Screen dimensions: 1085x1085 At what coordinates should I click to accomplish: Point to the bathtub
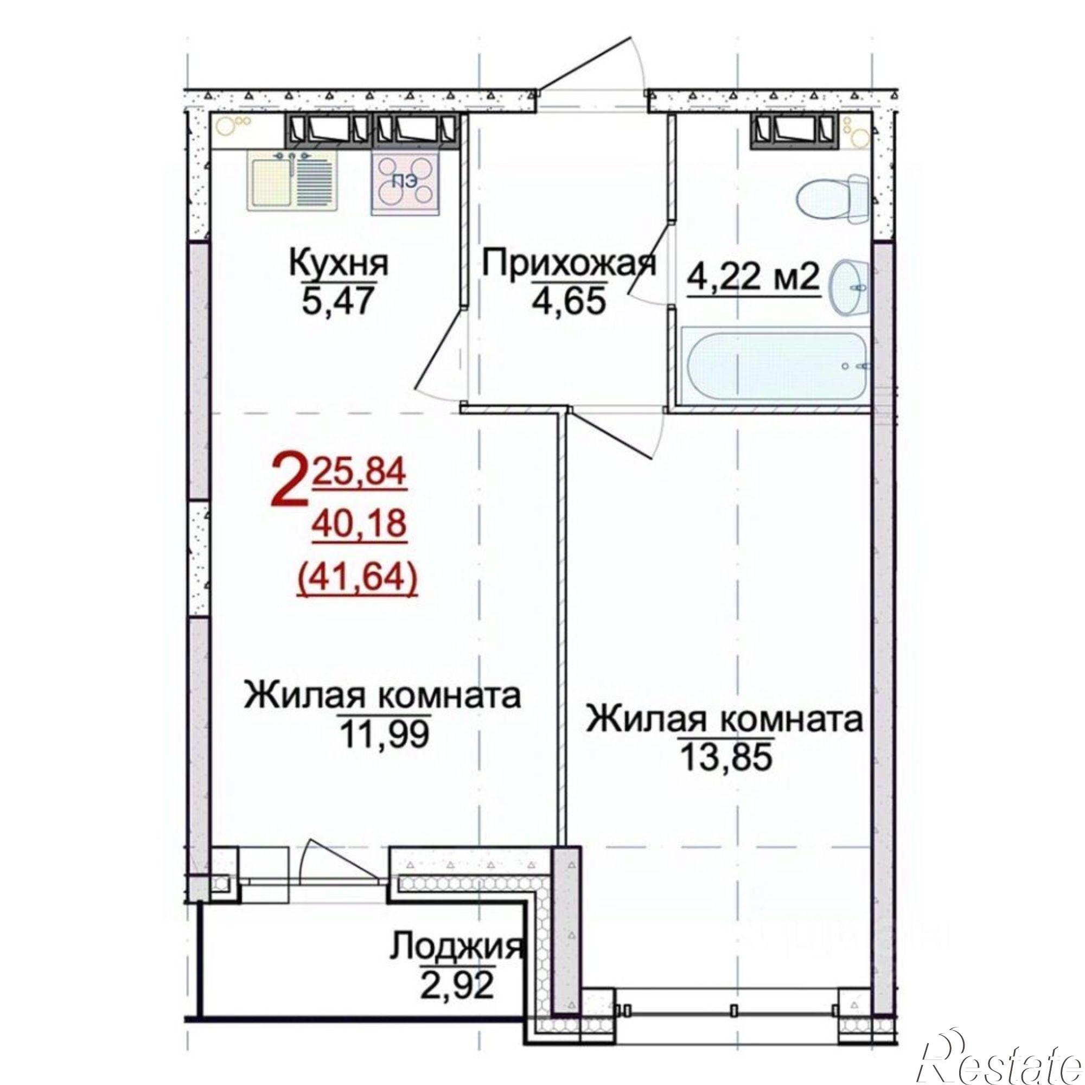(x=775, y=366)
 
